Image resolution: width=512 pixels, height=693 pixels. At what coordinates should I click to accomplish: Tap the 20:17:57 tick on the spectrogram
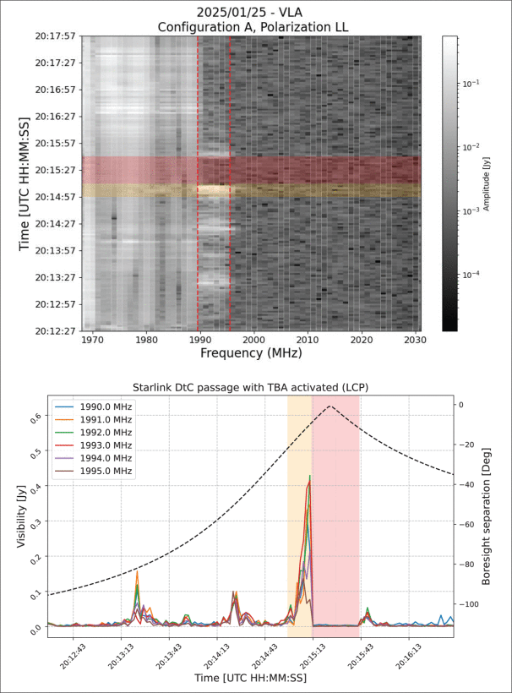coord(53,36)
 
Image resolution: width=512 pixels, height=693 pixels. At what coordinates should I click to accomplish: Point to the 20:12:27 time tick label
coord(53,330)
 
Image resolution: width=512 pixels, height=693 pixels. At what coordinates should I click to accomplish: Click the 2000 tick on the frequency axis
coord(253,340)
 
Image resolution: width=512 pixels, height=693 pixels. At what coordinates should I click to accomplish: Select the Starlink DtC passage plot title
coord(250,386)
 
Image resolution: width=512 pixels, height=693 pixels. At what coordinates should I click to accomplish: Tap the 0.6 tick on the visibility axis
coord(35,417)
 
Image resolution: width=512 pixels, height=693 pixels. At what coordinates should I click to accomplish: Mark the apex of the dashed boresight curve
coord(331,406)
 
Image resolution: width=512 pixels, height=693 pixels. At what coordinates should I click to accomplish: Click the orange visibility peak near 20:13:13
coord(137,570)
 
